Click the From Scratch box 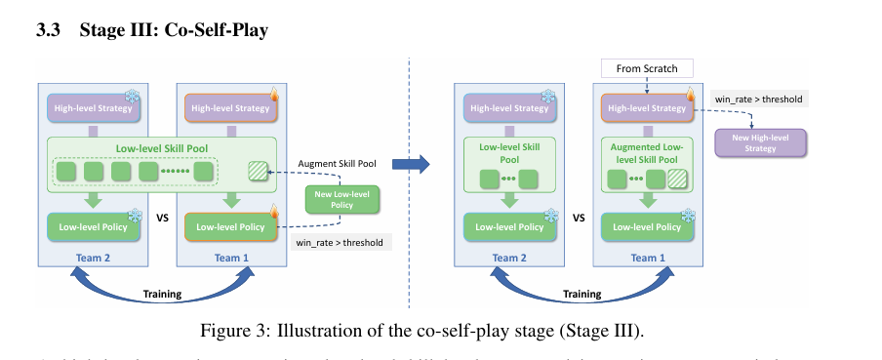click(646, 68)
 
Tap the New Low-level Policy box click(342, 199)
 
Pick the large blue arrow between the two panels click(410, 166)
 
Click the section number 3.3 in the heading click(49, 30)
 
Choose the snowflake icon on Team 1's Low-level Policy click(691, 215)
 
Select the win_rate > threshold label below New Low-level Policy click(341, 241)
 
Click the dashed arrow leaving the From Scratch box click(646, 86)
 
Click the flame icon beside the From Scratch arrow click(691, 96)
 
